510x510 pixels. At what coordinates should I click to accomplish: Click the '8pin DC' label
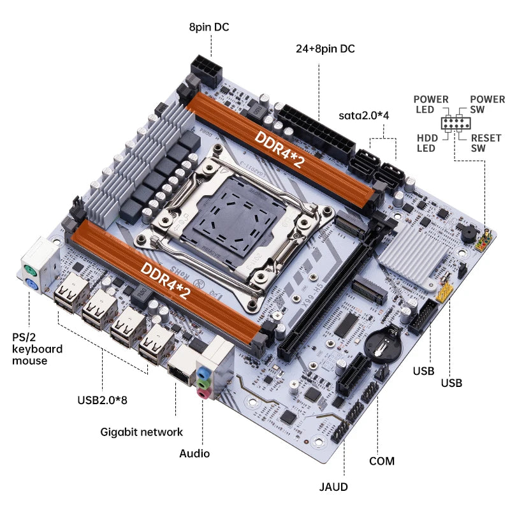[208, 27]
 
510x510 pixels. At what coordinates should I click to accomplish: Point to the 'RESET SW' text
[486, 143]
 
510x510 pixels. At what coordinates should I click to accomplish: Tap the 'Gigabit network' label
[142, 432]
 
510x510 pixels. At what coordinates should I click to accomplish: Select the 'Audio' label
[194, 453]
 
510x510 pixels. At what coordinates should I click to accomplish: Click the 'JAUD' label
[334, 487]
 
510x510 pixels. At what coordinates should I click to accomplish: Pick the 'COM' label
[381, 461]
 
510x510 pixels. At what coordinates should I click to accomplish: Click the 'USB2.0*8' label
[103, 400]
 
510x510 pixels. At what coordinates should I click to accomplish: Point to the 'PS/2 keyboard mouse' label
[38, 349]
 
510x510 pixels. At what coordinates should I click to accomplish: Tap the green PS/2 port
[29, 268]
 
